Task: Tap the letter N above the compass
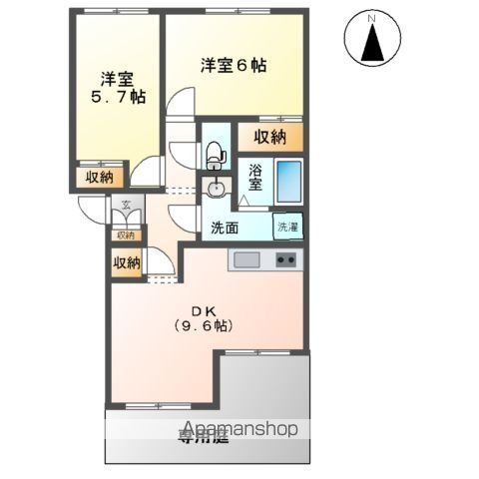pyautogui.click(x=370, y=18)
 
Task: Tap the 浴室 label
pyautogui.click(x=255, y=178)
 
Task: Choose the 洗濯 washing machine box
pyautogui.click(x=288, y=227)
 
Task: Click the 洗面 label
pyautogui.click(x=225, y=228)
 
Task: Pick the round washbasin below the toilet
pyautogui.click(x=216, y=188)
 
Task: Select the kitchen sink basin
pyautogui.click(x=245, y=260)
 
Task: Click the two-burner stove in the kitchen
pyautogui.click(x=286, y=260)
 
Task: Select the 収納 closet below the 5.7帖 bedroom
pyautogui.click(x=99, y=177)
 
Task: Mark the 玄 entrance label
pyautogui.click(x=126, y=207)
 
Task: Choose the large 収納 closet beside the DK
pyautogui.click(x=126, y=262)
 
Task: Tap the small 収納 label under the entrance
pyautogui.click(x=126, y=236)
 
